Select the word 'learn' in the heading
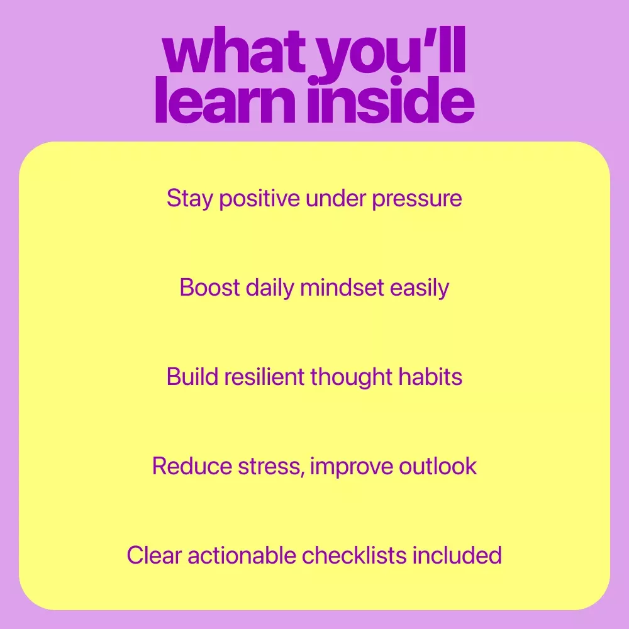[225, 100]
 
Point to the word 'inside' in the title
[391, 100]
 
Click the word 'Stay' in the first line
[190, 199]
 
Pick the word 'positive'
[259, 199]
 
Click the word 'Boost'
[209, 287]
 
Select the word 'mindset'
[342, 287]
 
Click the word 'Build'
[192, 377]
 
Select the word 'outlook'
[438, 466]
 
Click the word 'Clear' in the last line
[155, 555]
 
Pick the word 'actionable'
[242, 555]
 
